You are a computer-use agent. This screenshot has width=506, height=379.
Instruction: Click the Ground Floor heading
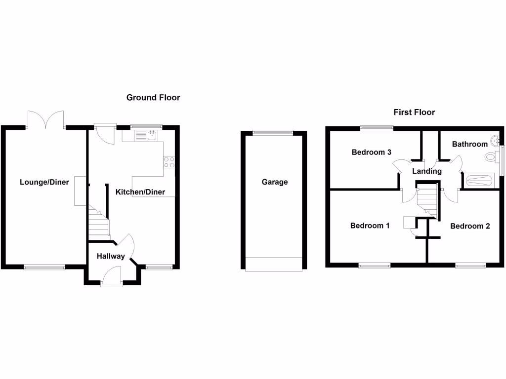point(153,98)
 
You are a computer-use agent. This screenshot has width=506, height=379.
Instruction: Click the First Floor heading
point(414,113)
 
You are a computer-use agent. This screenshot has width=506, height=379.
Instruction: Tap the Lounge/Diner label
point(44,182)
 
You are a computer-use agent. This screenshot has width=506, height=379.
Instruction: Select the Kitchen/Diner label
point(140,192)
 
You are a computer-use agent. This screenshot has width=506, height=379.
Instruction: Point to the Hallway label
point(111,257)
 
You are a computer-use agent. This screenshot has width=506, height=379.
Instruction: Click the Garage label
point(275,182)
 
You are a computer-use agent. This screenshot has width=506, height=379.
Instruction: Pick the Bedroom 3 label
point(375,152)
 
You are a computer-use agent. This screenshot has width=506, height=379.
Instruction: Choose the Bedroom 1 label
point(370,226)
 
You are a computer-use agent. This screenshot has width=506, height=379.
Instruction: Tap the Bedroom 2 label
point(470,227)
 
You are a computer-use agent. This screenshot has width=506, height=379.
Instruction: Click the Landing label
point(427,171)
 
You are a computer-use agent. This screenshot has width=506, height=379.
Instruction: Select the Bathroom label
point(470,144)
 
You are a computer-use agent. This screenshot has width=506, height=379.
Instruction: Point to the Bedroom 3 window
point(377,128)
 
